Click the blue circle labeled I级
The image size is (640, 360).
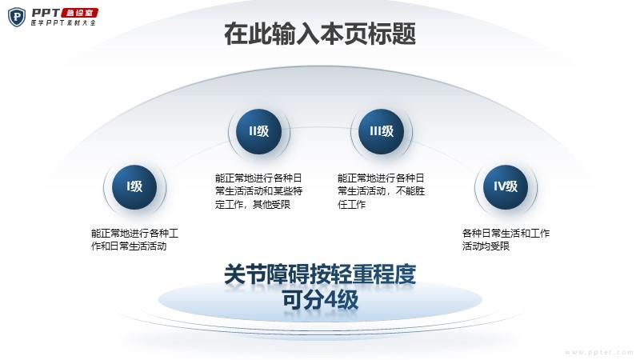click(x=134, y=187)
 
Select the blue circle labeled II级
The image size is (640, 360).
click(x=258, y=131)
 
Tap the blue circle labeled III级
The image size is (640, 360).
click(x=382, y=131)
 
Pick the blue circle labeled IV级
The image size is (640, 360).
click(x=506, y=187)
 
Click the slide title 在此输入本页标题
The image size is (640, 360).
click(x=320, y=34)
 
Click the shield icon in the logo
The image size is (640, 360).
click(x=17, y=17)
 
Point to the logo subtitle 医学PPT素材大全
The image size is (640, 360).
click(x=63, y=23)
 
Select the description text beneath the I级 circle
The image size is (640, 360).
click(x=134, y=239)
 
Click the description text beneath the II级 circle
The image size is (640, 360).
click(x=258, y=191)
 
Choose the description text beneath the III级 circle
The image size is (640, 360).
click(x=382, y=191)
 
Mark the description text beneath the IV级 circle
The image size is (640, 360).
click(x=506, y=239)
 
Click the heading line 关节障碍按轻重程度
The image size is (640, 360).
click(x=320, y=274)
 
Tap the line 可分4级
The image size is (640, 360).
click(x=320, y=300)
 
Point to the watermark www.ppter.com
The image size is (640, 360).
click(x=598, y=352)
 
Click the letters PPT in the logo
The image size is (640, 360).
click(x=46, y=13)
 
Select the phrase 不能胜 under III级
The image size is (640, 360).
click(x=410, y=191)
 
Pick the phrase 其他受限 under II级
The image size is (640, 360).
click(x=271, y=204)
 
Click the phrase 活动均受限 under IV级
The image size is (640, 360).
click(x=486, y=246)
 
